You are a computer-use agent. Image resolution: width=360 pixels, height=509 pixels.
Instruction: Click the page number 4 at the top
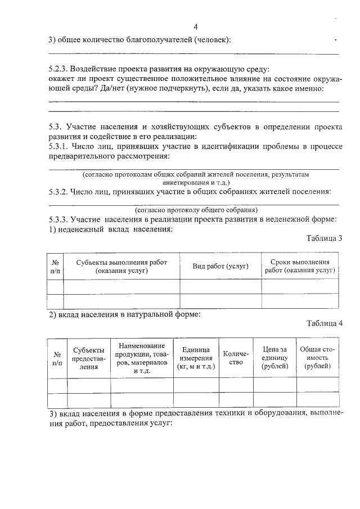[195, 27]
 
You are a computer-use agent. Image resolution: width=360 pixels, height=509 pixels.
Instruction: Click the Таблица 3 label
[324, 238]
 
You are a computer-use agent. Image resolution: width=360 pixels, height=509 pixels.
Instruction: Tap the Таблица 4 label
[324, 323]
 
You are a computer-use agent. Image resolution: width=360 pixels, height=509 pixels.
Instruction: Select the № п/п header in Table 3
[56, 266]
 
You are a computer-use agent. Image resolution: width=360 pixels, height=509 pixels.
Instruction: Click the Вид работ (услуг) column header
[220, 266]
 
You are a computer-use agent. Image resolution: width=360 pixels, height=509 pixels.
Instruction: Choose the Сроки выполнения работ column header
[299, 266]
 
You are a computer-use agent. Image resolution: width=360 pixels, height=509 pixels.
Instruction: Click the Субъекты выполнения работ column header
[121, 266]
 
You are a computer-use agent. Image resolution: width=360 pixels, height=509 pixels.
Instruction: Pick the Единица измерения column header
[196, 358]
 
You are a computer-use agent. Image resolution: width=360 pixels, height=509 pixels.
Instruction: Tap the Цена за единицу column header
[274, 358]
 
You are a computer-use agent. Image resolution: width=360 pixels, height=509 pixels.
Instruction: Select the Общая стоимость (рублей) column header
[317, 358]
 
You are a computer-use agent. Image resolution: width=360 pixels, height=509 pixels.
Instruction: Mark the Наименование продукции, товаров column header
[141, 358]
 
